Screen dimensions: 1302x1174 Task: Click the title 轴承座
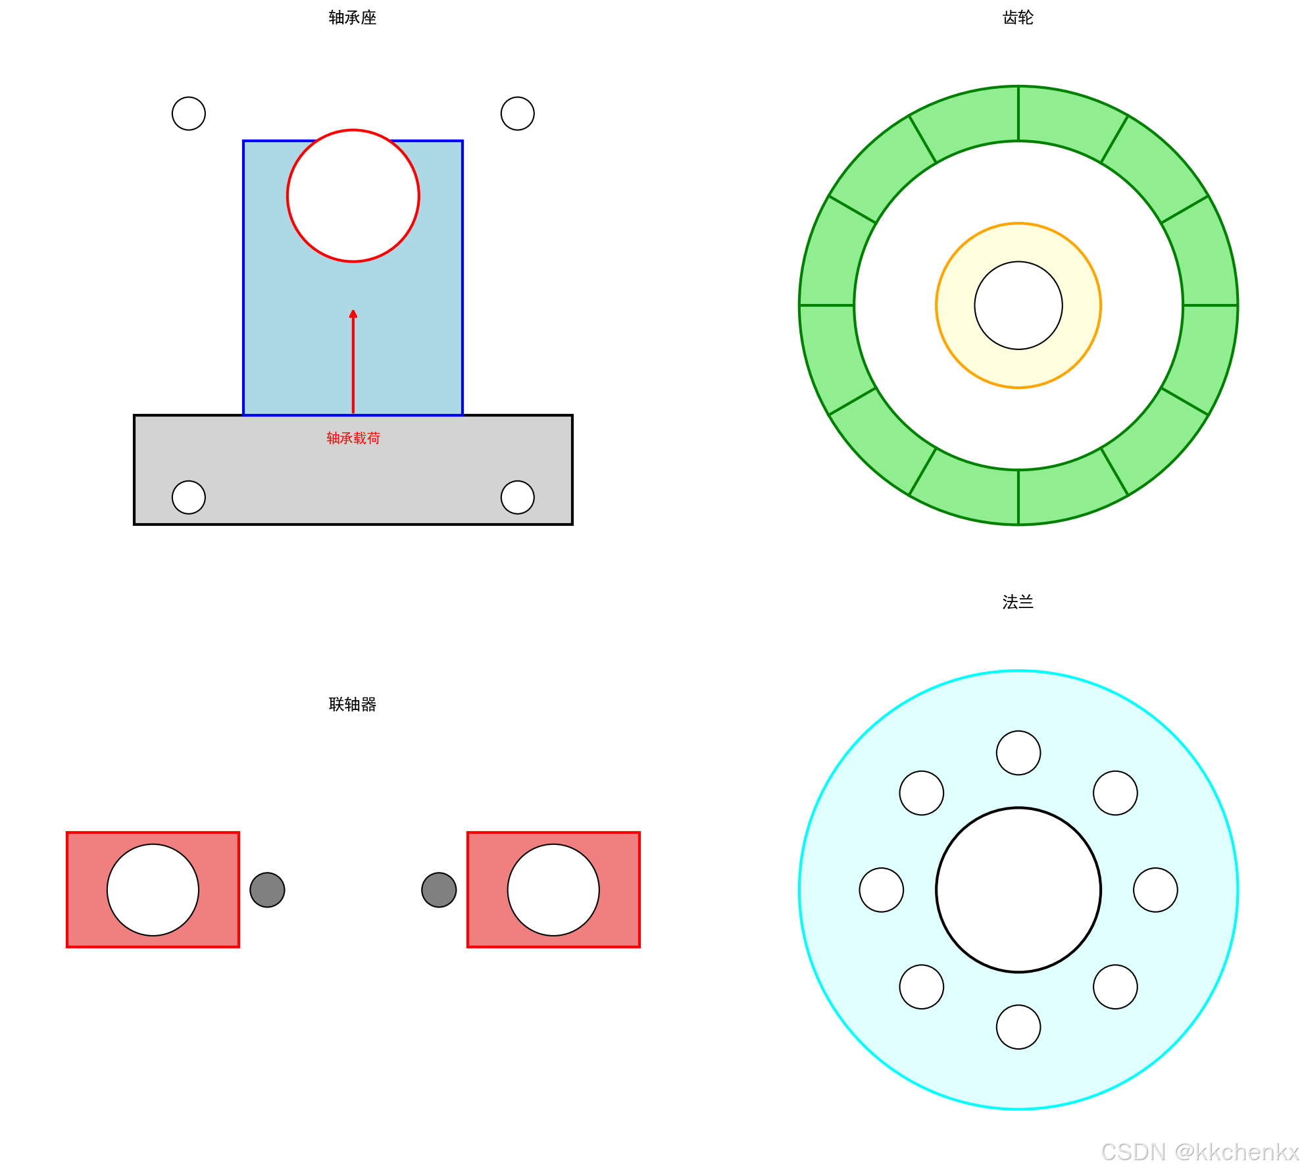point(353,18)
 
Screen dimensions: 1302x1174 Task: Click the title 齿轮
point(1018,18)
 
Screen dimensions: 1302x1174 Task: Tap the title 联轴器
point(353,704)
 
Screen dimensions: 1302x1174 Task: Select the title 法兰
point(1018,601)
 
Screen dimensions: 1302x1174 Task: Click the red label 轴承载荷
point(353,438)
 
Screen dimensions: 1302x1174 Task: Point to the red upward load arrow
point(353,361)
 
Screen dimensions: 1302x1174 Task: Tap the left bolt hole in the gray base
point(189,497)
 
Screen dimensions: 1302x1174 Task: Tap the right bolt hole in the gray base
point(518,497)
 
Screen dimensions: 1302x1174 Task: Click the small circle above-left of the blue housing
point(189,113)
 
